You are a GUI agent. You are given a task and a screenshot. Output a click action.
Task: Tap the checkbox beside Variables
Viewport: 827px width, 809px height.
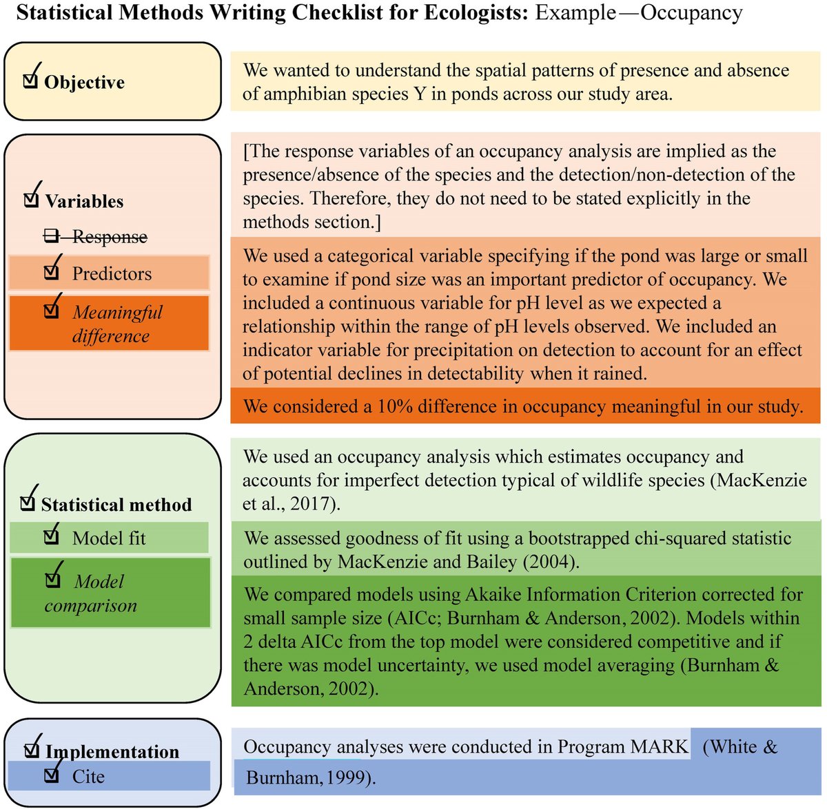31,200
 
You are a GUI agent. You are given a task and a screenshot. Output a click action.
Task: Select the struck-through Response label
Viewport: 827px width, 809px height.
110,237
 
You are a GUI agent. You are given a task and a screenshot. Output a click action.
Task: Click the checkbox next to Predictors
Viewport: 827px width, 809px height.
51,272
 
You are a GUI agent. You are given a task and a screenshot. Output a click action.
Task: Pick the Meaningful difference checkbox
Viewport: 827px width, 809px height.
51,311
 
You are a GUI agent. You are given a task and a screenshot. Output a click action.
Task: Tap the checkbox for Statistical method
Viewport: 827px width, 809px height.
28,503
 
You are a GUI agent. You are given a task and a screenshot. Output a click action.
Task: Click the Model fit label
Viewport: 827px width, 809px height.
109,538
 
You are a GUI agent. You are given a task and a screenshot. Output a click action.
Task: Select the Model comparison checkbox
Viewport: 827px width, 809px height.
52,580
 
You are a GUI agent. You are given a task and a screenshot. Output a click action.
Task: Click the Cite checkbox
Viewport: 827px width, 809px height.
51,775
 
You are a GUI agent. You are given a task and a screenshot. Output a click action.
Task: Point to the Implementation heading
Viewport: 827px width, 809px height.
112,751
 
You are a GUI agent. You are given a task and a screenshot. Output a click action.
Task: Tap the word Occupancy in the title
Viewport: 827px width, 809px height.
691,13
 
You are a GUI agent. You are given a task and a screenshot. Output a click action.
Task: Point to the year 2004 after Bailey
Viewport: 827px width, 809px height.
549,562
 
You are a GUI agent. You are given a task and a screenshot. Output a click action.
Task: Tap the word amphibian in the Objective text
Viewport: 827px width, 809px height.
284,94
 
